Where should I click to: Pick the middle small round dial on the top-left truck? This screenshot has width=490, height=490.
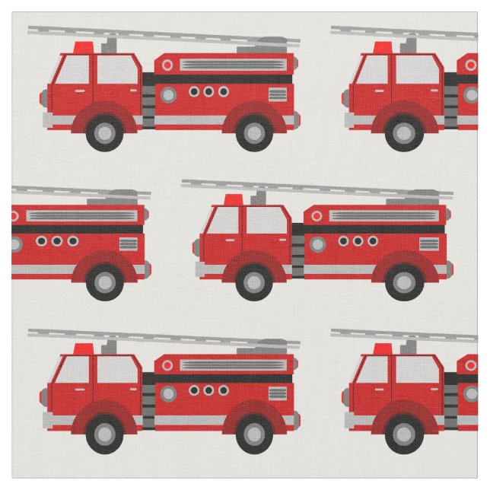pos(208,91)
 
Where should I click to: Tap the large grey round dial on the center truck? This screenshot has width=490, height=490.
pos(317,244)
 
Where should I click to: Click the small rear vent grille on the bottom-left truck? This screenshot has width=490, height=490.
pos(277,393)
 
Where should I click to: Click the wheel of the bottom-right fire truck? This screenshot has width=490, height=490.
pos(402,434)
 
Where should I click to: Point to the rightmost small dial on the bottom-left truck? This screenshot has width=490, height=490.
pos(223,390)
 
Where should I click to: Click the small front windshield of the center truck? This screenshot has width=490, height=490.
pos(224,221)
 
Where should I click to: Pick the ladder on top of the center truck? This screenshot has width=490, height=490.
pos(316,189)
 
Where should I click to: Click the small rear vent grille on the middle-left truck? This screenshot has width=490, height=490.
pos(128,244)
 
